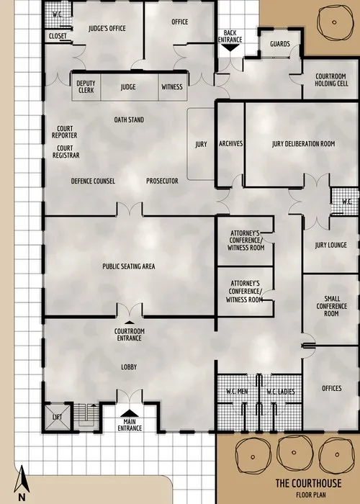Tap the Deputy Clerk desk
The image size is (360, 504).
click(86, 87)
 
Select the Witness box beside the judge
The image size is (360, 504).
click(172, 87)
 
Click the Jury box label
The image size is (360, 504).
click(201, 145)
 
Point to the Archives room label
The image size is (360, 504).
click(230, 144)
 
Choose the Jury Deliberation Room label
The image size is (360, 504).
click(303, 144)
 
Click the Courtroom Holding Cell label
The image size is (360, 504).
click(330, 81)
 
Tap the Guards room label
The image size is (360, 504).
click(280, 44)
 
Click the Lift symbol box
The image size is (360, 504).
click(58, 416)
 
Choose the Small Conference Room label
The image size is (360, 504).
click(331, 307)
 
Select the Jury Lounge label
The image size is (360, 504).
click(331, 246)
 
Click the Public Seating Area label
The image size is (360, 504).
click(129, 266)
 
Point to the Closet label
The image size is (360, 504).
click(58, 35)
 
